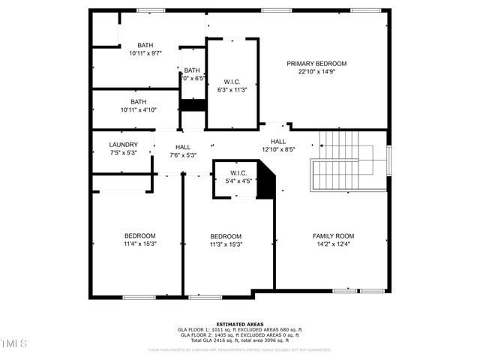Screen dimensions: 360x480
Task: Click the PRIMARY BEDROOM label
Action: tap(316, 64)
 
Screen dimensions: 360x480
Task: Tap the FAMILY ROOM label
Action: tap(333, 235)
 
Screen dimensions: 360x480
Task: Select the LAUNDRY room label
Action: tap(123, 145)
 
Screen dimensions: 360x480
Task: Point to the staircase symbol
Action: tap(338, 164)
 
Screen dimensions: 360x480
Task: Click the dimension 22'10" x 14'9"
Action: tap(316, 72)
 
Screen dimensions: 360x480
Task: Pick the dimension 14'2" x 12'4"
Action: tap(333, 244)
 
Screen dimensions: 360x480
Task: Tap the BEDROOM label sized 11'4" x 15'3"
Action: tap(139, 235)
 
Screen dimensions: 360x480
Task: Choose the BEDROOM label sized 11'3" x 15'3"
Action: tap(225, 235)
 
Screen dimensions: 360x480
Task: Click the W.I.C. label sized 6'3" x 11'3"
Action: tap(232, 82)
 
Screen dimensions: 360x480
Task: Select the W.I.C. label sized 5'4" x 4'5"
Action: tap(240, 173)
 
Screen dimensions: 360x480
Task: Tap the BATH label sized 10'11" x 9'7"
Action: tap(145, 45)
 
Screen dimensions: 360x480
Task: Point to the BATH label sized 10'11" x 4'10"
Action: tap(139, 102)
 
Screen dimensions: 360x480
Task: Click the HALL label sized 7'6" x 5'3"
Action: tap(183, 147)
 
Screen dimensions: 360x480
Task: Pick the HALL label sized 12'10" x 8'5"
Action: tap(278, 141)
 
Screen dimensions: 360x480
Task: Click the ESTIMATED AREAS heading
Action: tap(239, 325)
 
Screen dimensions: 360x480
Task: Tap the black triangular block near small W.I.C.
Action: tap(266, 182)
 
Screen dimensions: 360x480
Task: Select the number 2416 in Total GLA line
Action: tap(218, 340)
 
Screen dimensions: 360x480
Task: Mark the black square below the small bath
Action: tap(193, 105)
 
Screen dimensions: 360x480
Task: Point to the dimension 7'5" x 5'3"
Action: tap(123, 153)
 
